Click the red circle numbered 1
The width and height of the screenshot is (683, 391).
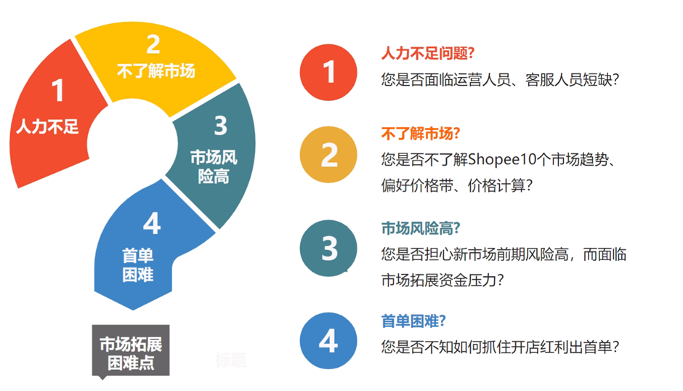tap(328, 73)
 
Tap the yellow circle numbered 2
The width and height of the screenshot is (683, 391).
tap(328, 154)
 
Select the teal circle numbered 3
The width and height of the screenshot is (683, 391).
tap(328, 248)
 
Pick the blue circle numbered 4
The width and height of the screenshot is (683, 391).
tap(328, 340)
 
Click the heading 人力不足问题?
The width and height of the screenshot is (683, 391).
tap(427, 53)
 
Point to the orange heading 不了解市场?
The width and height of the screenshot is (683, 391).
tap(421, 134)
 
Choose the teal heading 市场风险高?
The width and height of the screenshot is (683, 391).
tap(421, 228)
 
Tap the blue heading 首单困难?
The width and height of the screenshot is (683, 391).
tap(413, 321)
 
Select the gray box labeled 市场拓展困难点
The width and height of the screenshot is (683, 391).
tap(131, 350)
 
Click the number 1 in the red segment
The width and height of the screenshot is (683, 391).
tap(57, 90)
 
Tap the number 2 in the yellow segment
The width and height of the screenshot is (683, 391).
tap(153, 44)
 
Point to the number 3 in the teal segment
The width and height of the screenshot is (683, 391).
tap(221, 125)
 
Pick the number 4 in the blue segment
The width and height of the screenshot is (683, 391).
tap(152, 224)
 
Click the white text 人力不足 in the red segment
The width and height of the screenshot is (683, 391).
tap(47, 127)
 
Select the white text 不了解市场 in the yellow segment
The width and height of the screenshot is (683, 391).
tap(156, 70)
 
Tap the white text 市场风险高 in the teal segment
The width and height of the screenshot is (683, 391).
tap(214, 167)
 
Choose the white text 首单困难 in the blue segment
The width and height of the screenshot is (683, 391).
tap(137, 265)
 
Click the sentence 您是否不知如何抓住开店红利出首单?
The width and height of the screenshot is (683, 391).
tap(500, 347)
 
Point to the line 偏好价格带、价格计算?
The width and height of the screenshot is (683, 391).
tap(457, 186)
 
